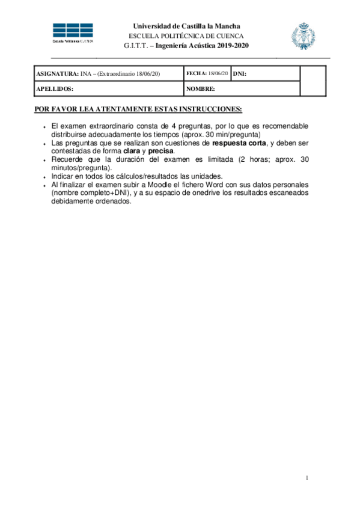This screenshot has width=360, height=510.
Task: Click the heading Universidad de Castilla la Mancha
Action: tap(186, 26)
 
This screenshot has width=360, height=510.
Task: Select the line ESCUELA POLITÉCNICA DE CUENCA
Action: tap(186, 35)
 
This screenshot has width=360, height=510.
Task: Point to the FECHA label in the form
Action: tap(196, 73)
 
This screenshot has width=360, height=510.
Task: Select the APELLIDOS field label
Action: tap(55, 88)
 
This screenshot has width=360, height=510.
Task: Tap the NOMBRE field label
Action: tap(201, 88)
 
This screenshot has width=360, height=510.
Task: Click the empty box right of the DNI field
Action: tap(313, 81)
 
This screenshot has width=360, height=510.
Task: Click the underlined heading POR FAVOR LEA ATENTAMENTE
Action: tap(138, 109)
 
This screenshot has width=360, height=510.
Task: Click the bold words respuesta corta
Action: tap(239, 143)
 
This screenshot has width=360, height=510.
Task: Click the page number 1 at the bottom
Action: tap(307, 478)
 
